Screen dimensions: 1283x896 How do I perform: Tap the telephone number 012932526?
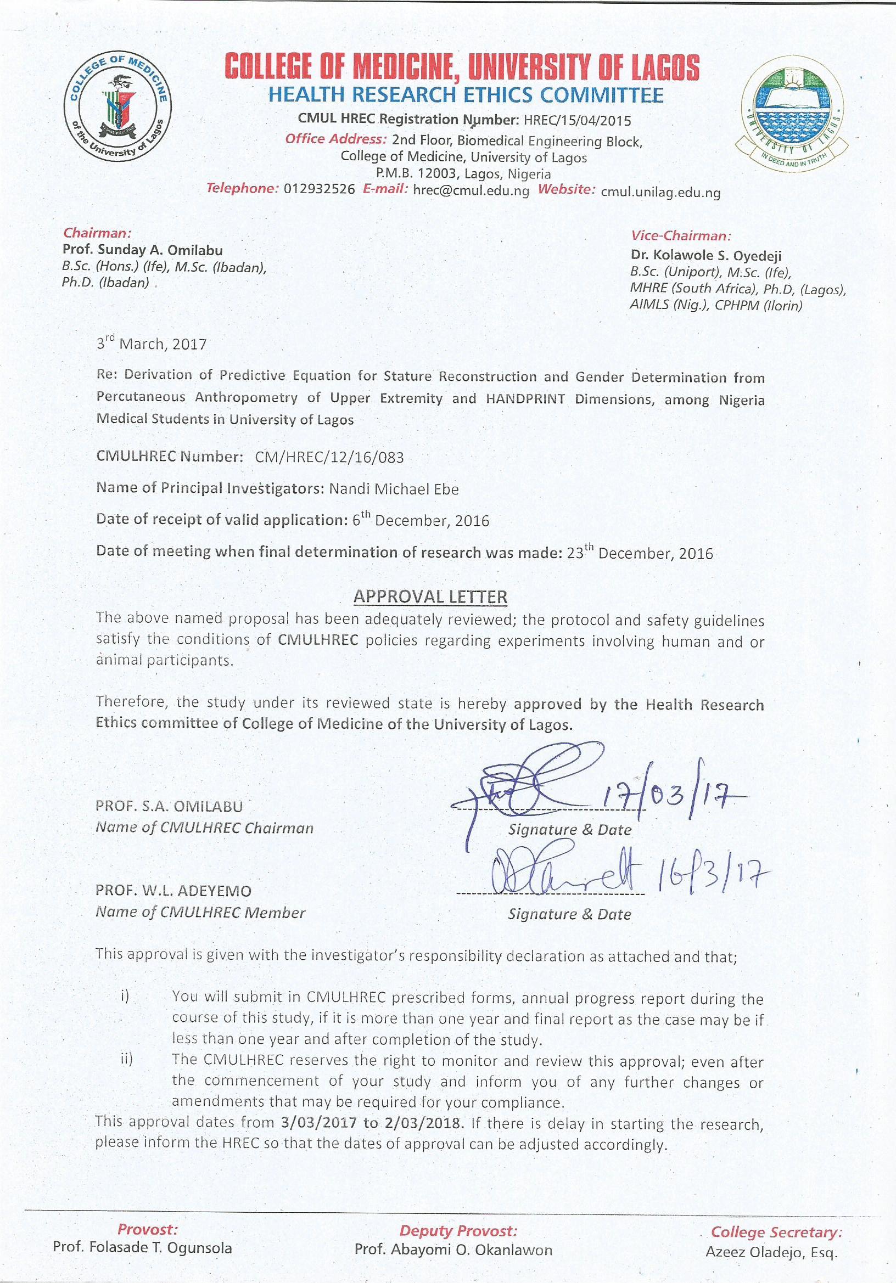(319, 189)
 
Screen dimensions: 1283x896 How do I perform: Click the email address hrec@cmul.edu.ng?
(471, 190)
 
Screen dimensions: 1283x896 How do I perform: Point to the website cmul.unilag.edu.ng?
(660, 193)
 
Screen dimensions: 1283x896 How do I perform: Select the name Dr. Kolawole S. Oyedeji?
(706, 256)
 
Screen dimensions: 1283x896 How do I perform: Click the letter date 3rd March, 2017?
(152, 344)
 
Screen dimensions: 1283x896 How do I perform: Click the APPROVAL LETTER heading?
(430, 597)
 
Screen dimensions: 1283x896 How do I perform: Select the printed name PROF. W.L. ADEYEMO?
(173, 890)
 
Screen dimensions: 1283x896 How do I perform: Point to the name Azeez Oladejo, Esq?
(771, 1252)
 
